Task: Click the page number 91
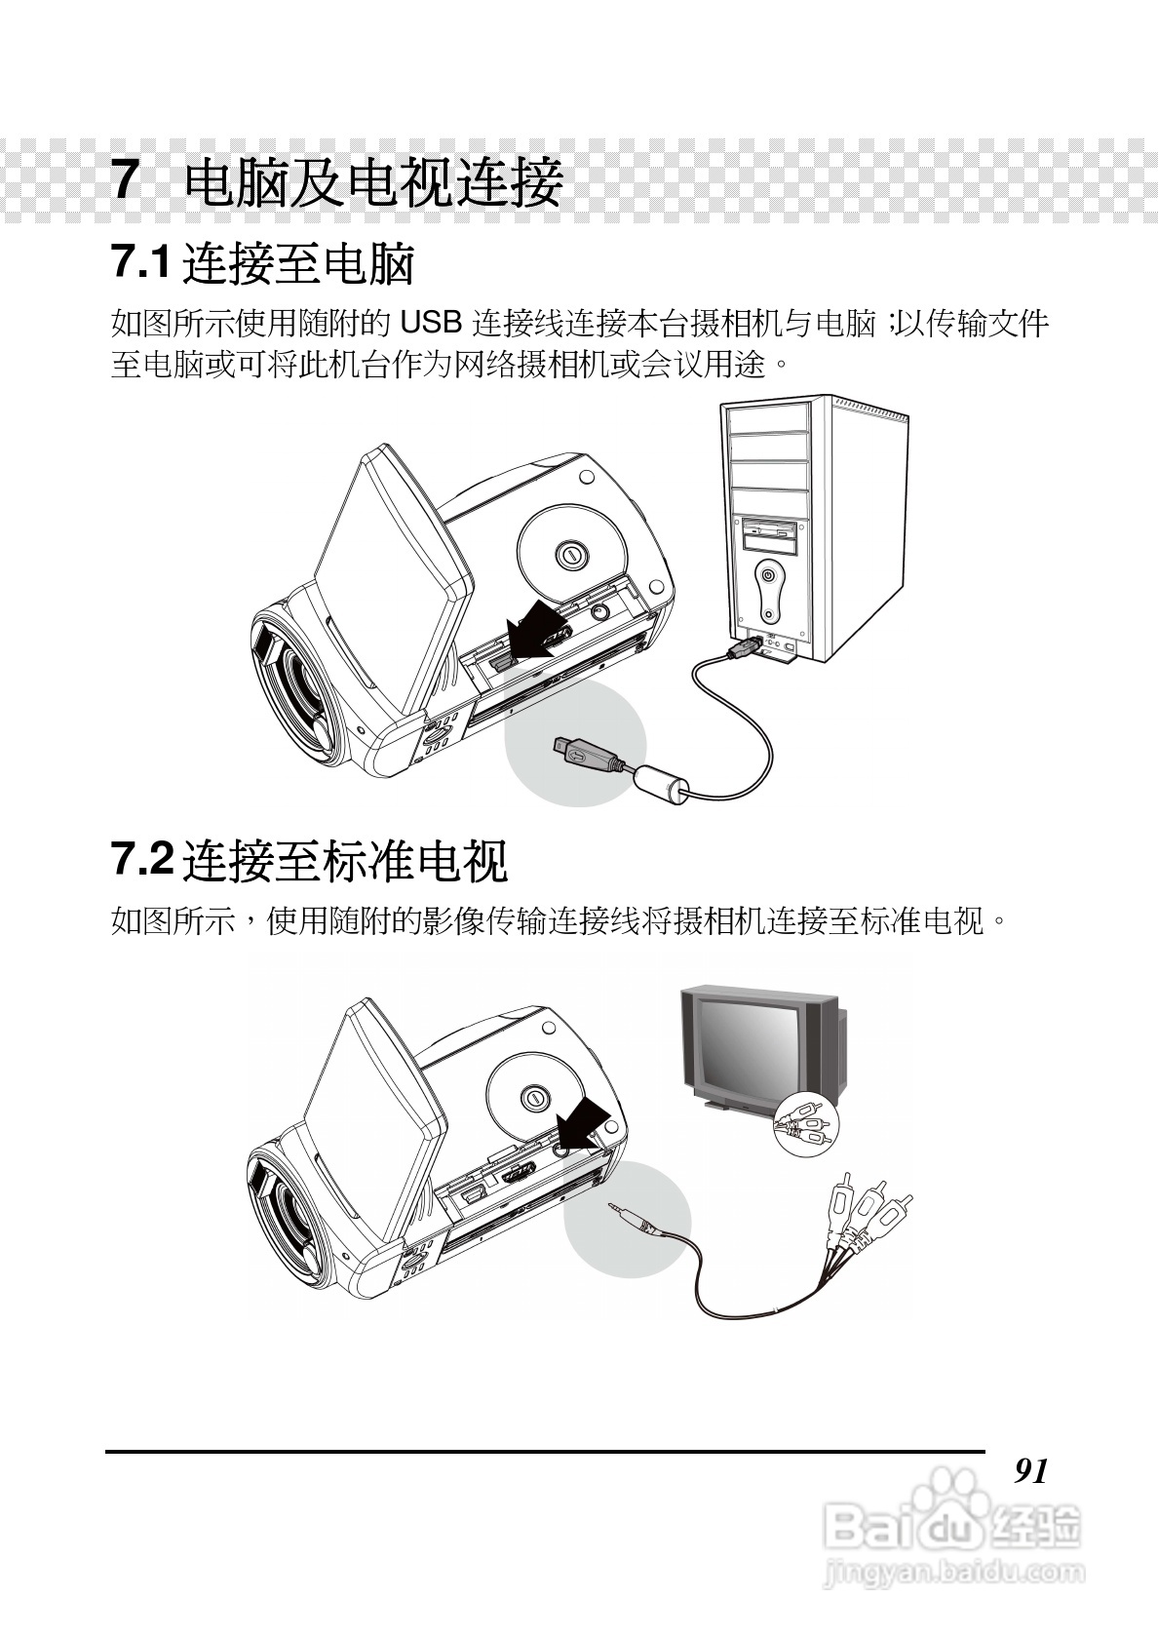pos(1030,1469)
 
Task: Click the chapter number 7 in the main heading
pos(125,180)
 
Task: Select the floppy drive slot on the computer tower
pos(769,532)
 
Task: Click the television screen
pos(745,1042)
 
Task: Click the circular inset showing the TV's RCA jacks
pos(804,1122)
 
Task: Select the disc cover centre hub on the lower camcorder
pos(534,1097)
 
